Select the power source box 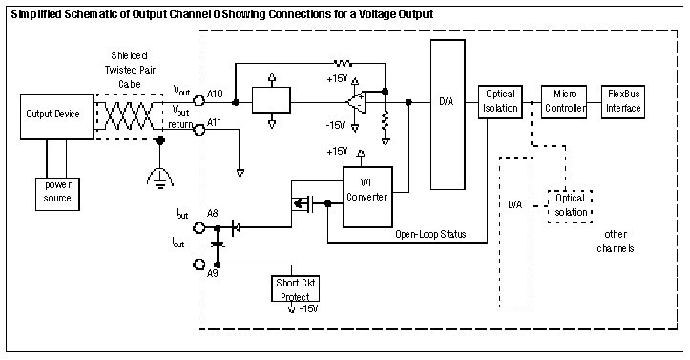[57, 194]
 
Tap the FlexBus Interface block [623, 102]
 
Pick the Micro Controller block [564, 102]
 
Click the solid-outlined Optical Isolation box [500, 102]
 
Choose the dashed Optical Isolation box [570, 206]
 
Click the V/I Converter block [367, 197]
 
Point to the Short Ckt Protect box [295, 288]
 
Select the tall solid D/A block [448, 115]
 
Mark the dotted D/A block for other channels [515, 232]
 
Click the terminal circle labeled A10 [199, 101]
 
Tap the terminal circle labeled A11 [199, 129]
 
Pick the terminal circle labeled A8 [199, 227]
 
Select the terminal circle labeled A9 [199, 265]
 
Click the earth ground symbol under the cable [160, 179]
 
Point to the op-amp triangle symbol [357, 102]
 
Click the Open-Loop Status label [430, 234]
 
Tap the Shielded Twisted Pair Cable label [130, 70]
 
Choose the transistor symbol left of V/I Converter [303, 203]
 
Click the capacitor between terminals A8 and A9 [217, 244]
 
